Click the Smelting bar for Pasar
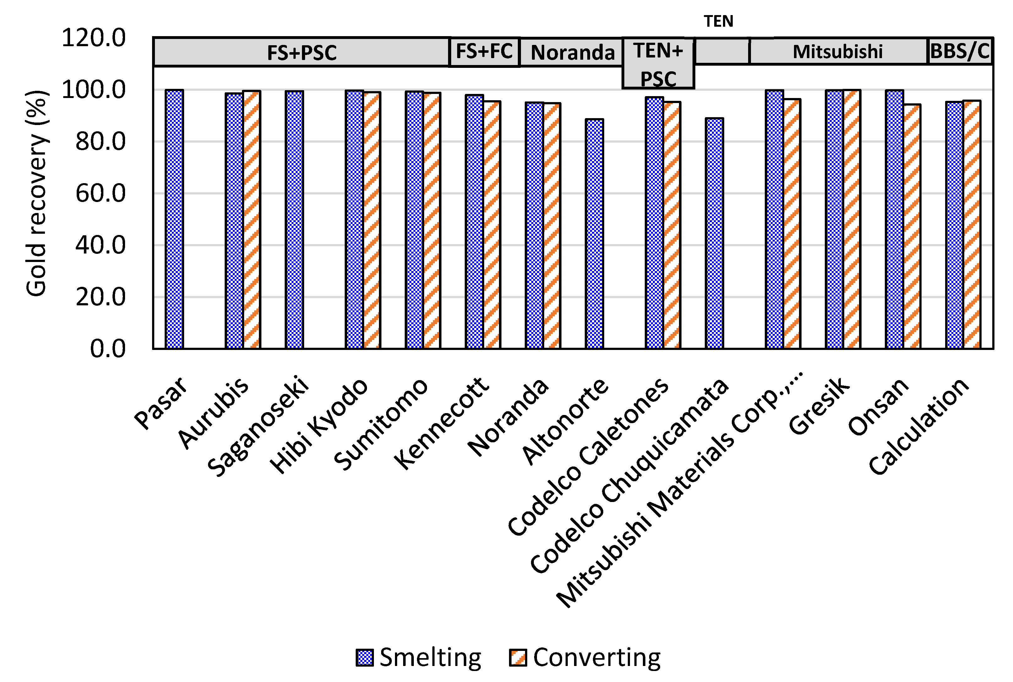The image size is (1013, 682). coord(174,219)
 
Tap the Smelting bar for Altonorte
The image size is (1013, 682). coord(594,234)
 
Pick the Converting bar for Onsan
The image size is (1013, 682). coord(912,226)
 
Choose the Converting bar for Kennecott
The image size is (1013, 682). coord(492,225)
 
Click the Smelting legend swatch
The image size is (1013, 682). coord(364,657)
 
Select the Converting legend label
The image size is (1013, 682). coord(596,657)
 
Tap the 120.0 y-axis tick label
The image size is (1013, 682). coord(94,37)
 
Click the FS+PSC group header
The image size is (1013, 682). coord(301,52)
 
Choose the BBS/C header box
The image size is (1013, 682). coord(960,51)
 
